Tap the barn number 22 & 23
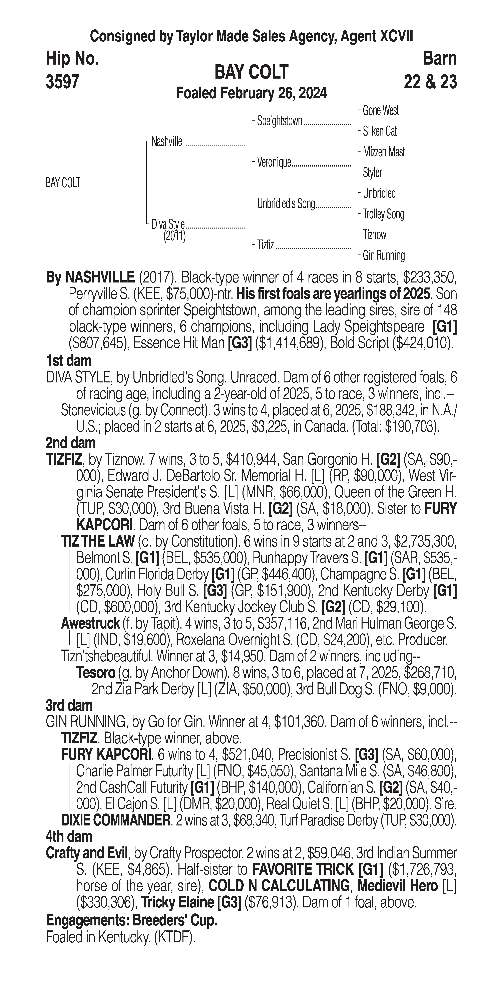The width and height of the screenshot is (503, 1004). [430, 82]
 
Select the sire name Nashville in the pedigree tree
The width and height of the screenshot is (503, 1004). [166, 142]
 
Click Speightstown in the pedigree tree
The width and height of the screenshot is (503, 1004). [279, 121]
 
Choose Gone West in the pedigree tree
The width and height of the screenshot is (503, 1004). [381, 111]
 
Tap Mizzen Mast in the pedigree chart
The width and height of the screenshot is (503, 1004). [384, 152]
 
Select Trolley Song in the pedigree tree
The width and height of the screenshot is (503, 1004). [383, 214]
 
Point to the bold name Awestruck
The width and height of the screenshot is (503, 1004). [90, 624]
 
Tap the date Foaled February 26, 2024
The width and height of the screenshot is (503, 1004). [251, 94]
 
